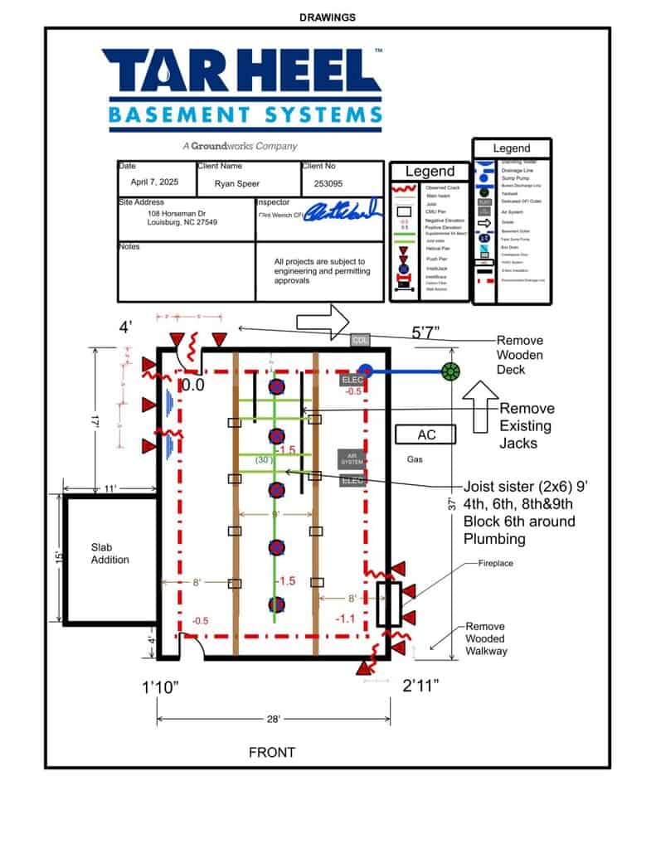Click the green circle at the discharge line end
450,371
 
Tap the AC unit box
426,434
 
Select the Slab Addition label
109,554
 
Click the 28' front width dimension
274,718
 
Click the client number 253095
329,183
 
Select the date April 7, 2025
154,182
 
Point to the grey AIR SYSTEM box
352,458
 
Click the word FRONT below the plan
272,753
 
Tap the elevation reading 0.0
193,385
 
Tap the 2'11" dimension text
420,685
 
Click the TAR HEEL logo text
241,71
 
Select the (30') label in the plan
265,459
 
